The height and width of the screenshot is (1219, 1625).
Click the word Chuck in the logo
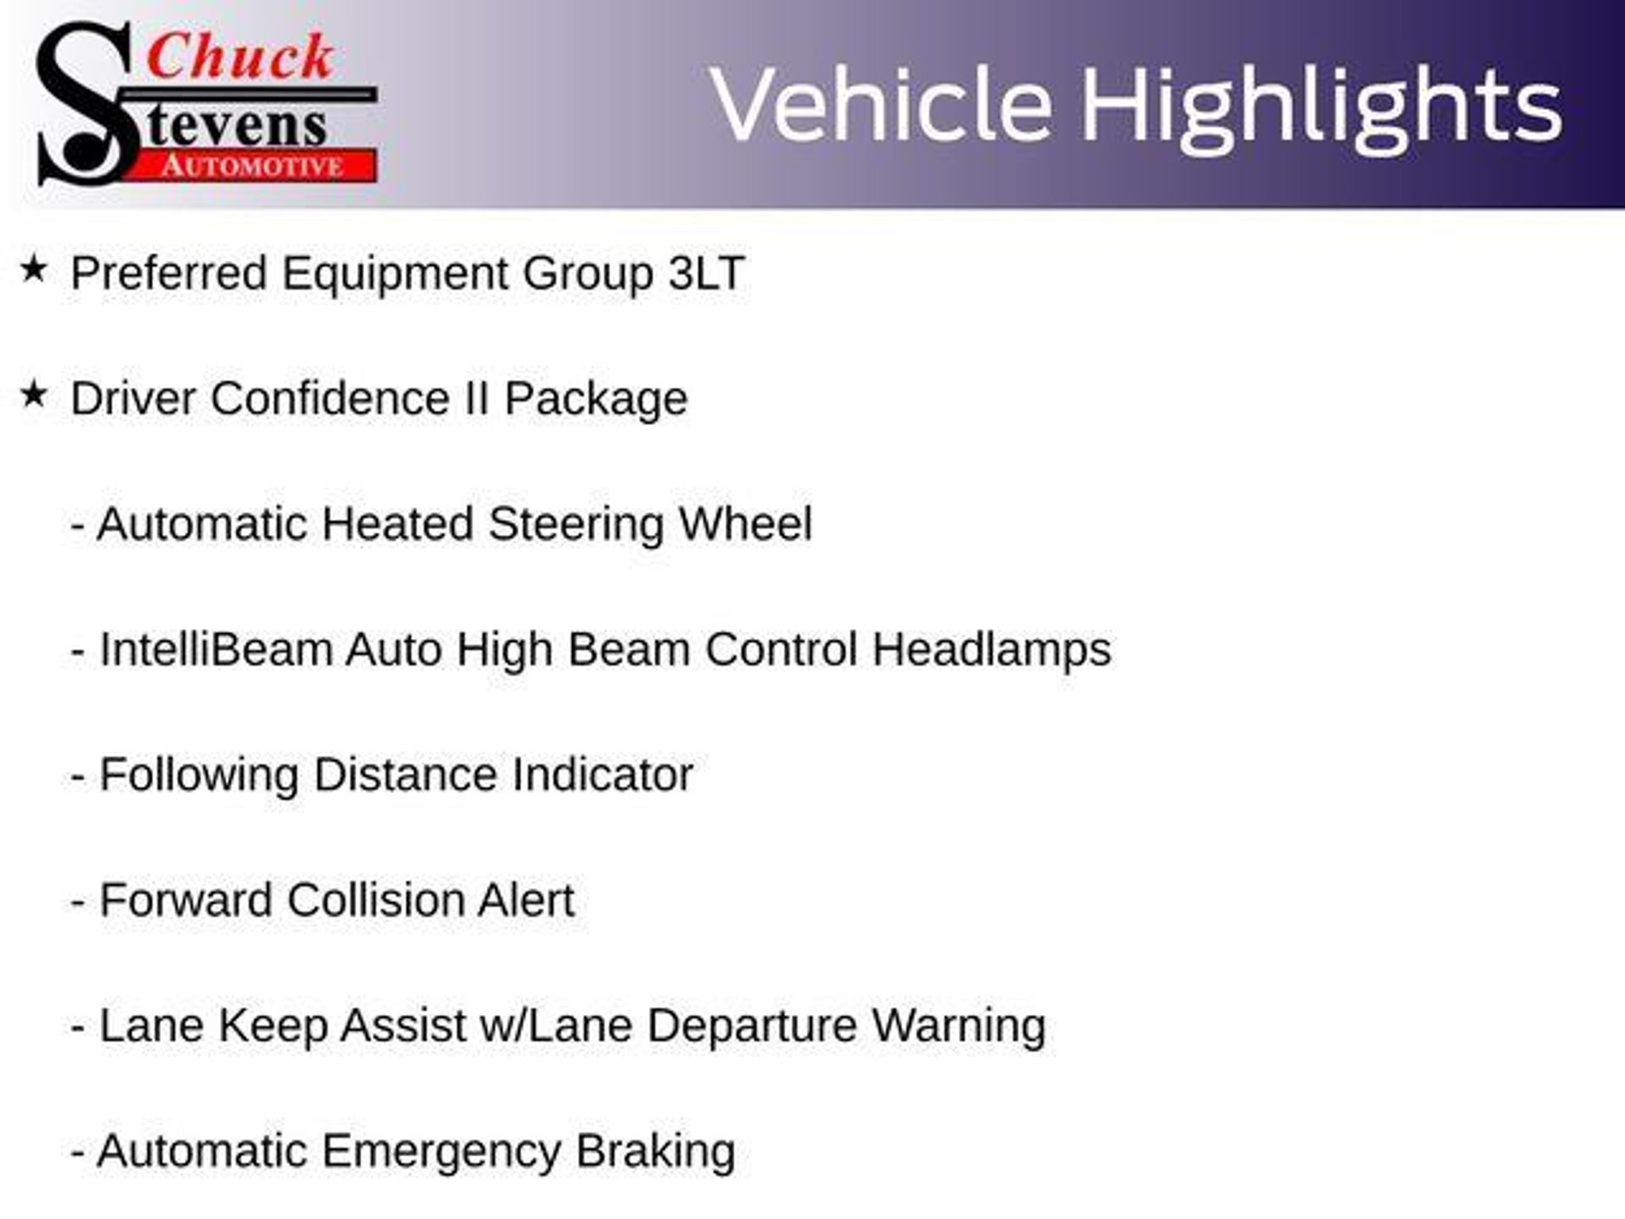240,57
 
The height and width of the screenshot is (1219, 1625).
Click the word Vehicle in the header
882,105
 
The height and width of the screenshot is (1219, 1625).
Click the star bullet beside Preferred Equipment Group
34,269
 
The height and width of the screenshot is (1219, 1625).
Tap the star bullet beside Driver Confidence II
34,394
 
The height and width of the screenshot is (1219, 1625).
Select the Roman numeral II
477,398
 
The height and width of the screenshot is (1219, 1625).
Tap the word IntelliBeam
215,650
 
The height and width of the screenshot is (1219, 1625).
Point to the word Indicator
602,775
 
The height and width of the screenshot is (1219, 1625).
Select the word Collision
375,901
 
